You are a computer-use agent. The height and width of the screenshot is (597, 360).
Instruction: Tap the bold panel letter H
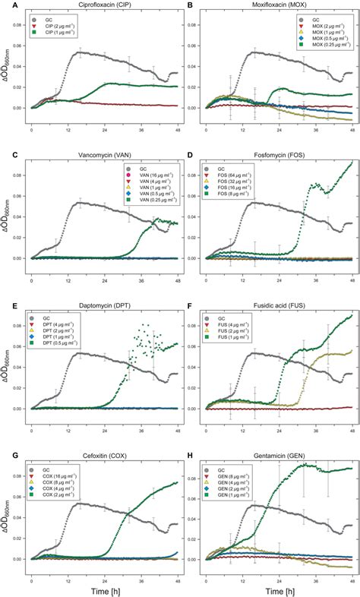point(188,454)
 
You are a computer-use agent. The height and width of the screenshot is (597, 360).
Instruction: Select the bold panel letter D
point(188,155)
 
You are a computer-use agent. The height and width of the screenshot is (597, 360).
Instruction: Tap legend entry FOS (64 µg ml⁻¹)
point(236,175)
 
